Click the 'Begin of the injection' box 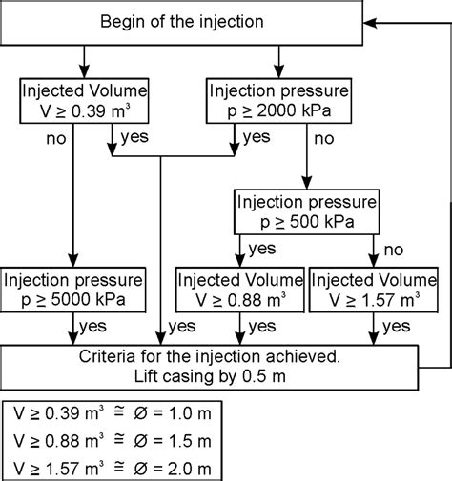[x=182, y=22]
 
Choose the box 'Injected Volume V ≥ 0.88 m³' [x=238, y=291]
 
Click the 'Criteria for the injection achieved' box [x=210, y=366]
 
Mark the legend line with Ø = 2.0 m [x=115, y=469]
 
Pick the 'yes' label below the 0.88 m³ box [x=259, y=327]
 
